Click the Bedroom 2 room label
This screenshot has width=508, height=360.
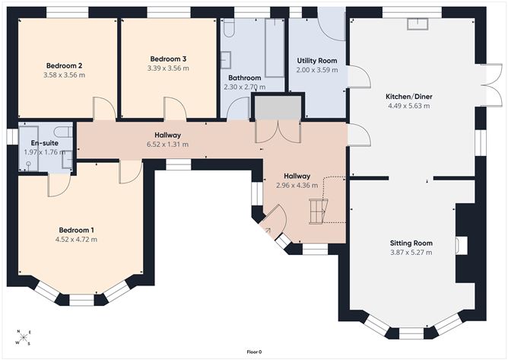[x=64, y=66]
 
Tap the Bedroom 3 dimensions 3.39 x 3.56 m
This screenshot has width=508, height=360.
[x=168, y=68]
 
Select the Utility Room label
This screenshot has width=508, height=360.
[x=317, y=61]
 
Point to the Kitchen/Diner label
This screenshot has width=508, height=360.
[x=409, y=97]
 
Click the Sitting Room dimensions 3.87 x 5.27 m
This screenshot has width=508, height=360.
[x=411, y=253]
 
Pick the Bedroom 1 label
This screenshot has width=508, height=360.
[x=77, y=231]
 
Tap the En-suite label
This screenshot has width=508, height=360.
[x=45, y=143]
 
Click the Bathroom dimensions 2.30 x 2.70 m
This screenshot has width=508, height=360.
[x=245, y=87]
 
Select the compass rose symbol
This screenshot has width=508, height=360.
[x=24, y=337]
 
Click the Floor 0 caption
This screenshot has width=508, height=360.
[x=254, y=352]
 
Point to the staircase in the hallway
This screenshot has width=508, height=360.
[x=319, y=211]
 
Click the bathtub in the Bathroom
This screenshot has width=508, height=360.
[x=275, y=48]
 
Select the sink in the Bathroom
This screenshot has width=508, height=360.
[x=226, y=59]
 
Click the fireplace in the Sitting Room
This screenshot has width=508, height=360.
[x=462, y=245]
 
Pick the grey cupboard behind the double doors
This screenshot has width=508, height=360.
[x=278, y=107]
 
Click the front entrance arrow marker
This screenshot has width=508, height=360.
[x=268, y=231]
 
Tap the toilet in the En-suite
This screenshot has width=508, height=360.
[x=63, y=132]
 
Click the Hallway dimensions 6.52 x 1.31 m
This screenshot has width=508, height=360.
[x=167, y=145]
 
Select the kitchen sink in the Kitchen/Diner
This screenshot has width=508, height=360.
[x=418, y=24]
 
